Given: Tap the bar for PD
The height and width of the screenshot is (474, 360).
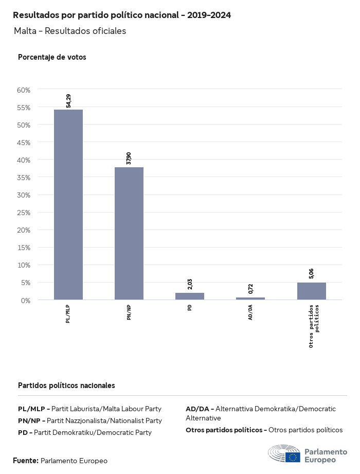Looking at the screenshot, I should point(190,296).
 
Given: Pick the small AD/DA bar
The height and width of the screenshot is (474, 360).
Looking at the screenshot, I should point(250,299).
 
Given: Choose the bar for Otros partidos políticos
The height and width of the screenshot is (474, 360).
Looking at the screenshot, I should point(311,291).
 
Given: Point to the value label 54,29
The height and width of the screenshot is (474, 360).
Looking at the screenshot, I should point(68,101).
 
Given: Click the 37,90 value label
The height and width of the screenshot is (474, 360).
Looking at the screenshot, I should point(129,159).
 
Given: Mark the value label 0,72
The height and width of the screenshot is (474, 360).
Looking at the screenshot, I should point(250,289).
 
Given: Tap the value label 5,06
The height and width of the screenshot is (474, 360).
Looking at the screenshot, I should point(311,273).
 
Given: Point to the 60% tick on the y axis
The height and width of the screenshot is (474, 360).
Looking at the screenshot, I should point(24,90).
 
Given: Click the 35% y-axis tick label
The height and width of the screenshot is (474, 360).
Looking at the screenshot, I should point(24,178).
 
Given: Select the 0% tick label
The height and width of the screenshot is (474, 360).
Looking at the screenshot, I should point(26,300).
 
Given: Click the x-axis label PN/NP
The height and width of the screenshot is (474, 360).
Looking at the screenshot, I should point(129,312).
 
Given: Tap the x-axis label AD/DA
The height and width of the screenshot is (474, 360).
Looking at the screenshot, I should point(250,312).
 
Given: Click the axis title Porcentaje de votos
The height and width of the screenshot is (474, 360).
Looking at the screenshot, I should point(52,57).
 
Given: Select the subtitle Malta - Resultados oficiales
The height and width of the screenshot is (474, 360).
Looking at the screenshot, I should point(70,31).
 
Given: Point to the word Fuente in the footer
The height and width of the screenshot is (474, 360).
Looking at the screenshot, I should point(25,461).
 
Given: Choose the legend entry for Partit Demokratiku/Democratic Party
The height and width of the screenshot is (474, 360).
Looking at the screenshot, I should point(85,432).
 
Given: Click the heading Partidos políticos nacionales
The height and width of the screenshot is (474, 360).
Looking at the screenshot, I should point(66,385).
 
